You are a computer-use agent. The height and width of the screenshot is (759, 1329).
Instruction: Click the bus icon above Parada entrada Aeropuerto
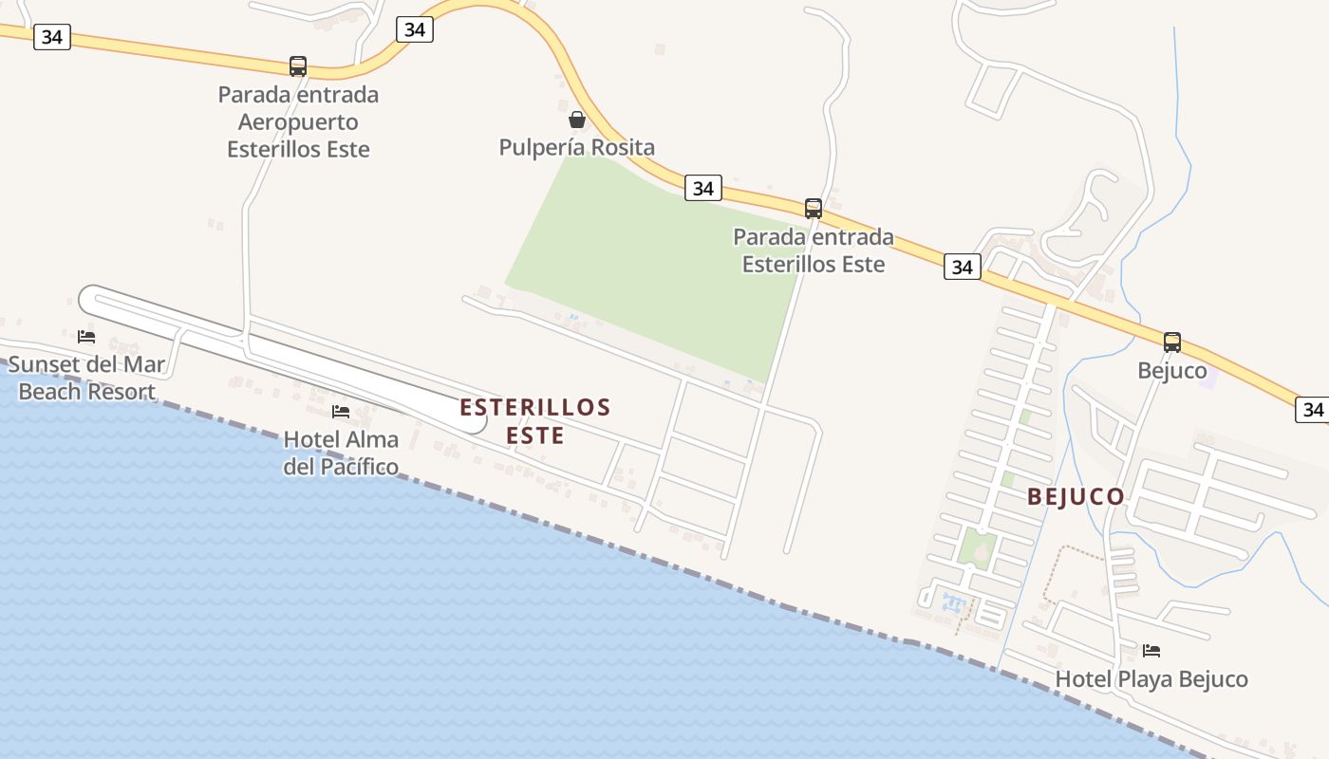click(298, 66)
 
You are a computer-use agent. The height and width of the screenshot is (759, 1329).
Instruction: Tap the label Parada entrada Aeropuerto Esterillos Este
click(298, 121)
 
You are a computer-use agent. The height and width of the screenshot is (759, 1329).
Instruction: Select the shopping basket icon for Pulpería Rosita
click(576, 120)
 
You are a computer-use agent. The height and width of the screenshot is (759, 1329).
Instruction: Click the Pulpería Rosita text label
click(576, 147)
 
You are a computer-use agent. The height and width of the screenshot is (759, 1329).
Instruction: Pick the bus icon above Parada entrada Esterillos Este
click(814, 209)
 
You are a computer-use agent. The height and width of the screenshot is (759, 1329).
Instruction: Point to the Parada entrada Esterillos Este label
click(814, 250)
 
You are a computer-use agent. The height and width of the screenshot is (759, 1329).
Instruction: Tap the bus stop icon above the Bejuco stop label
click(1172, 342)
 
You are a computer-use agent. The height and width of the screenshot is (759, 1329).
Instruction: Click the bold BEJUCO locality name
click(1076, 496)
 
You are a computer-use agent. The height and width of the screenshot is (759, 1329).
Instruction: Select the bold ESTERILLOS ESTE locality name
click(535, 421)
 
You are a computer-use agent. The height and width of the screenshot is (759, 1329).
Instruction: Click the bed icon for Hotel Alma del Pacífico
click(341, 412)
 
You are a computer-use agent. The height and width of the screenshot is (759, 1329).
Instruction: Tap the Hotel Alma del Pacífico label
click(341, 453)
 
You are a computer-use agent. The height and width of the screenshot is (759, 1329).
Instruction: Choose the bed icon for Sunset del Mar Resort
click(86, 336)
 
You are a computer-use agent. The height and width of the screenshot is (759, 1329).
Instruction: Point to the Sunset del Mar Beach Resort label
click(86, 378)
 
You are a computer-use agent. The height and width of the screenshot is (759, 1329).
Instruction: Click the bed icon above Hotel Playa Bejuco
click(1151, 651)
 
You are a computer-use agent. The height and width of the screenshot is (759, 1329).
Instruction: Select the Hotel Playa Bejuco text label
click(1151, 679)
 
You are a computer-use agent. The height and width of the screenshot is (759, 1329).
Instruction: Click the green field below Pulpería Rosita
click(655, 266)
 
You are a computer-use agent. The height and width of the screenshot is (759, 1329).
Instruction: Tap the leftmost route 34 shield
click(52, 37)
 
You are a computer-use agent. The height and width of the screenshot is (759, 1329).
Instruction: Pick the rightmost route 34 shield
click(1313, 409)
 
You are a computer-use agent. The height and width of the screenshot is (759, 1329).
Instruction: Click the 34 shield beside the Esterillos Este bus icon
click(702, 188)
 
